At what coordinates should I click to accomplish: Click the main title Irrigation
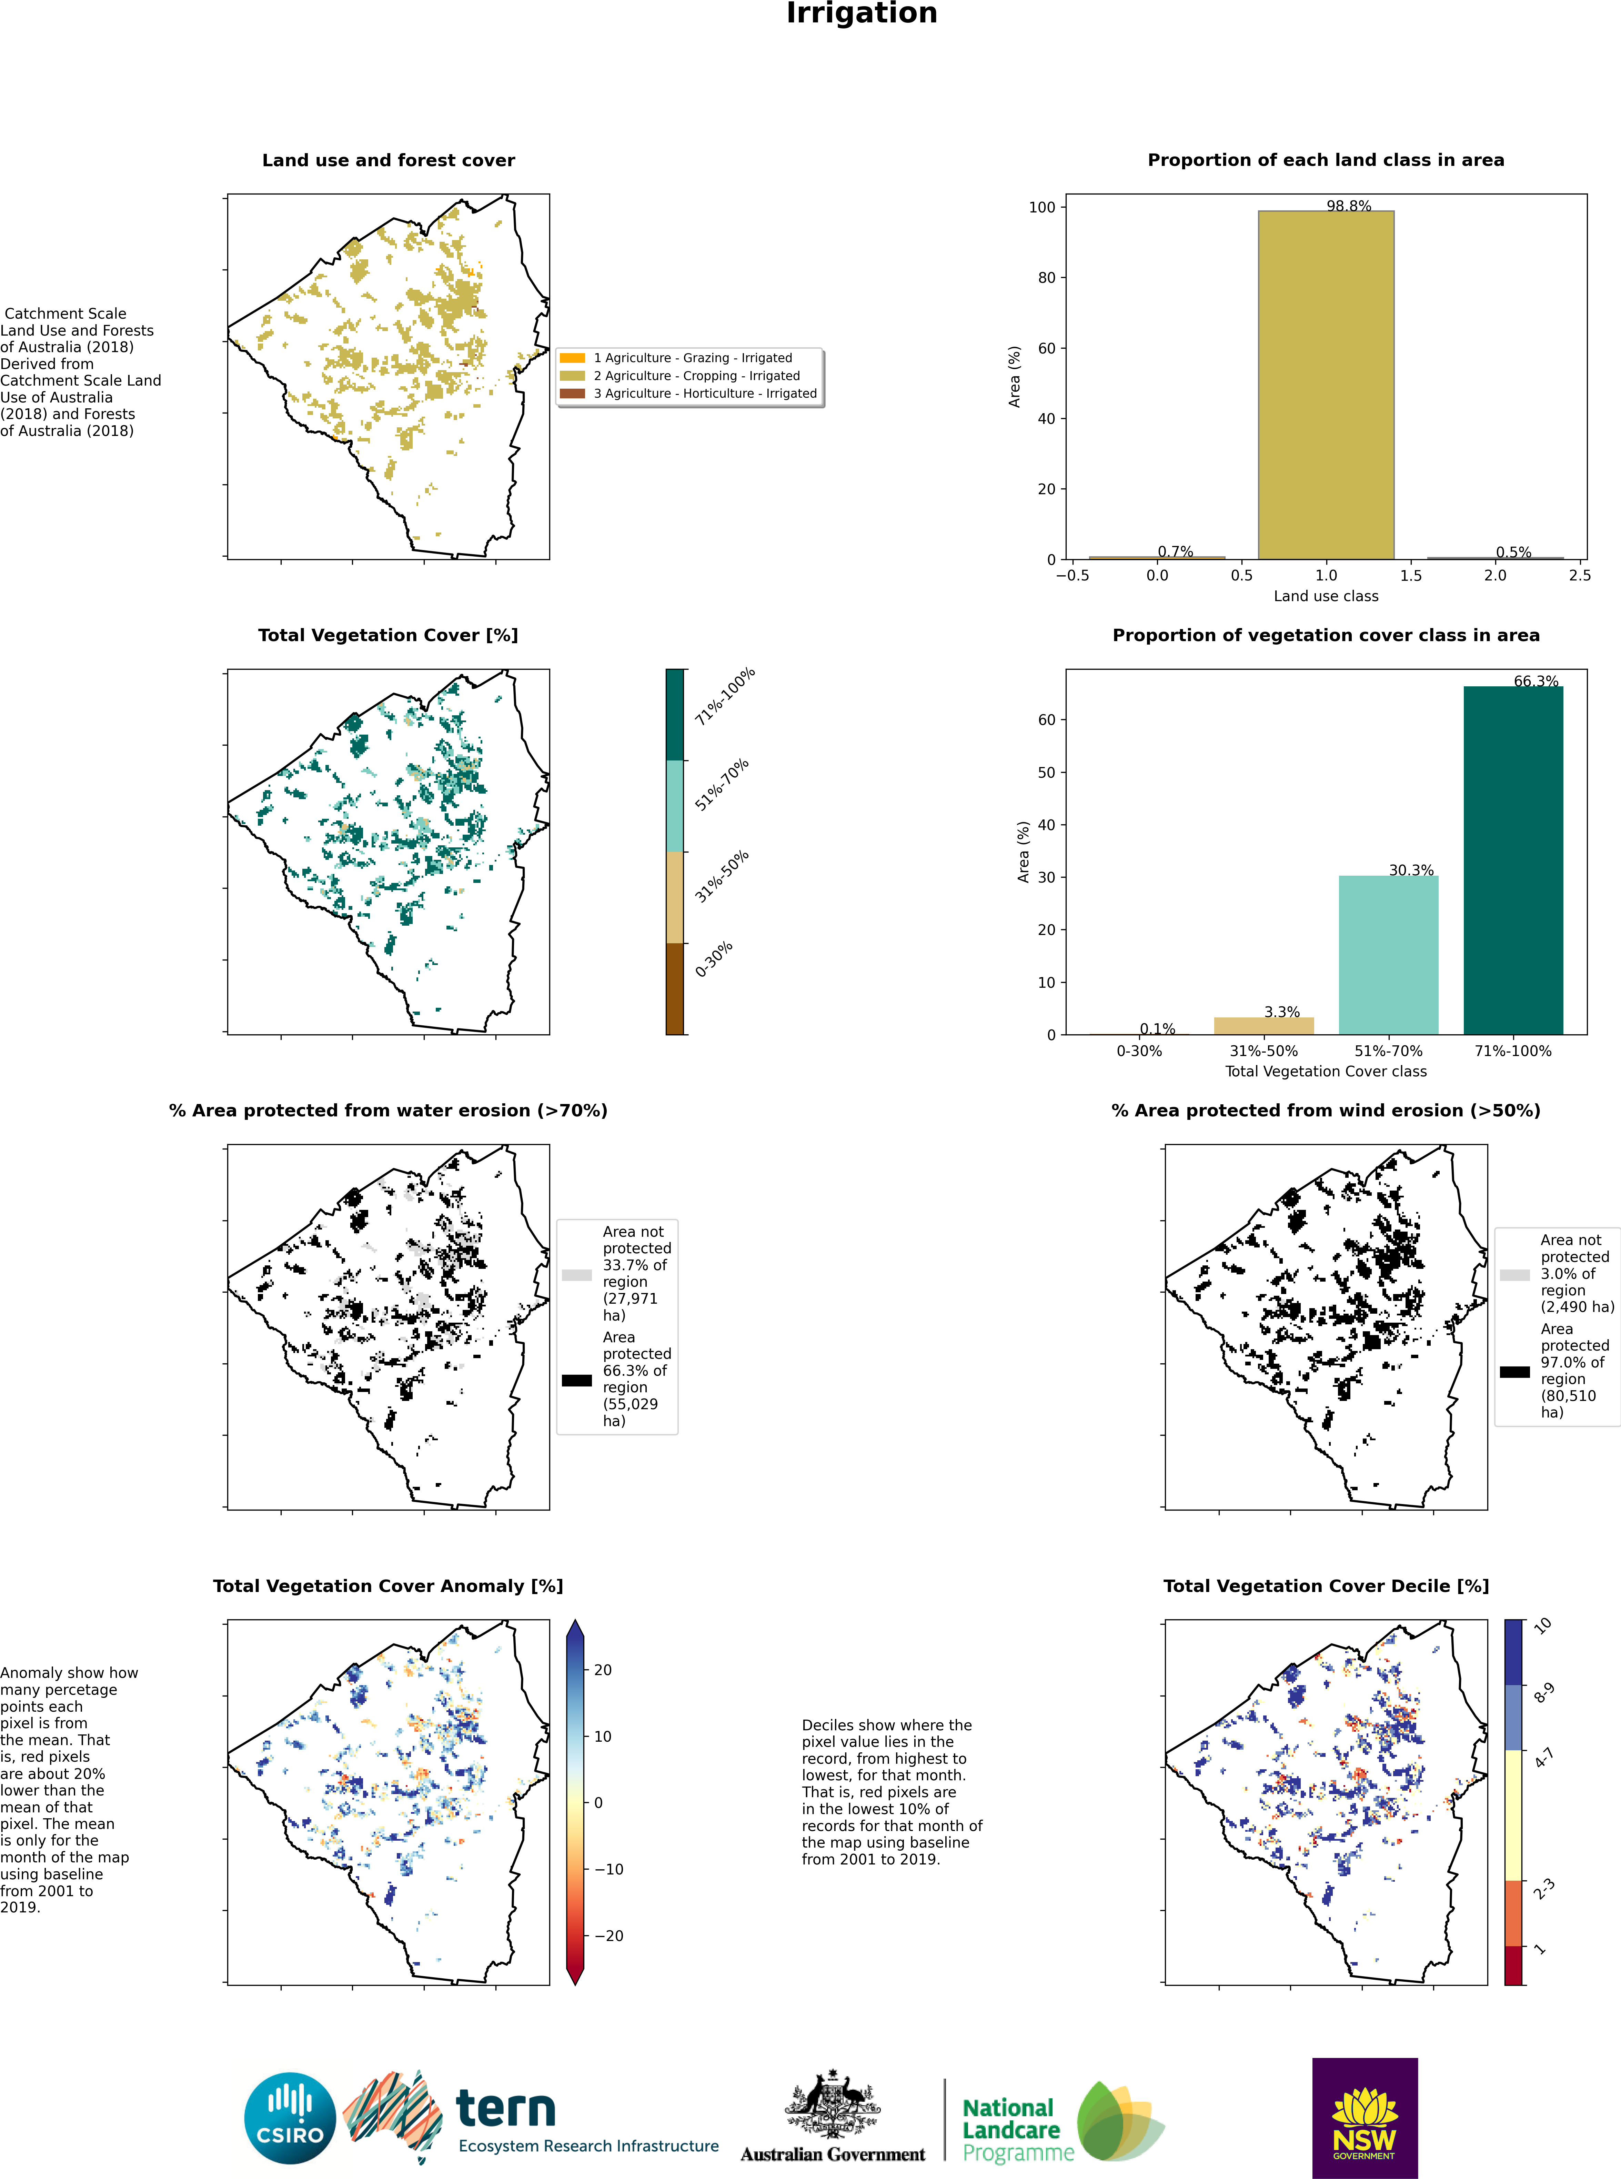point(862,14)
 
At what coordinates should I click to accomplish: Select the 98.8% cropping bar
point(1326,385)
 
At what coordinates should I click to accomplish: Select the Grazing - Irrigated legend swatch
point(572,358)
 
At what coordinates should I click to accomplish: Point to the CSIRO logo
point(290,2118)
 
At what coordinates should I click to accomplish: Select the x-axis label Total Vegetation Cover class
point(1326,1072)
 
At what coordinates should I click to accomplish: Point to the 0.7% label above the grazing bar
point(1175,551)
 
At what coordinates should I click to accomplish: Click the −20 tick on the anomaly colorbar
point(608,1936)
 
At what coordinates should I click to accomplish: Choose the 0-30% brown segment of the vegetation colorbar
point(675,988)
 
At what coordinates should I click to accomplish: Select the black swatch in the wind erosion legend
point(1514,1372)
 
